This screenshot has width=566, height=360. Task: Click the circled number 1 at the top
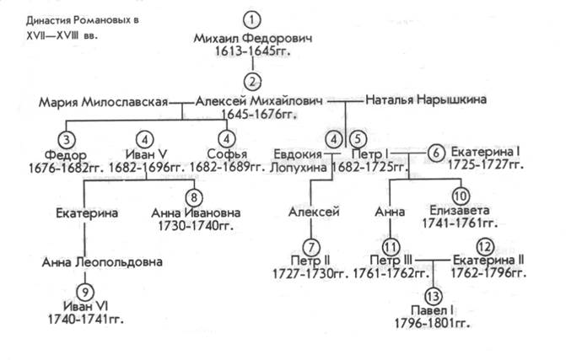pyautogui.click(x=252, y=20)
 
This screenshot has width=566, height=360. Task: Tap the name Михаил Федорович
pyautogui.click(x=253, y=38)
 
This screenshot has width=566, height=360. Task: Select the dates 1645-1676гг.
pyautogui.click(x=258, y=115)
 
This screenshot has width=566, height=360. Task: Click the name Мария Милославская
pyautogui.click(x=103, y=102)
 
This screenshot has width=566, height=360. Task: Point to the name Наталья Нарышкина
pyautogui.click(x=426, y=99)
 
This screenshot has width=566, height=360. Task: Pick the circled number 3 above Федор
pyautogui.click(x=67, y=139)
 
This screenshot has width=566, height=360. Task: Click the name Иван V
pyautogui.click(x=146, y=154)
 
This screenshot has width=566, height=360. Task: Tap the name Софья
pyautogui.click(x=227, y=154)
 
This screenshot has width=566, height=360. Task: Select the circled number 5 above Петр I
pyautogui.click(x=358, y=138)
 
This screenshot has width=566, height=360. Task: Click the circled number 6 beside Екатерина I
pyautogui.click(x=436, y=153)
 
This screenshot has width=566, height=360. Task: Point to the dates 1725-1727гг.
pyautogui.click(x=486, y=165)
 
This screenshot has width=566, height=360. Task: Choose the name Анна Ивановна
pyautogui.click(x=196, y=212)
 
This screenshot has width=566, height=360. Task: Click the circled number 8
pyautogui.click(x=194, y=197)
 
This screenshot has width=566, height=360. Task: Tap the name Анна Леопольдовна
pyautogui.click(x=102, y=262)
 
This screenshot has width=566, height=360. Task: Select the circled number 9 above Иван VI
pyautogui.click(x=85, y=292)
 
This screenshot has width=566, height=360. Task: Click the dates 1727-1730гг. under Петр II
pyautogui.click(x=310, y=274)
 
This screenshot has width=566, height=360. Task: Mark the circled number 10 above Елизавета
pyautogui.click(x=461, y=196)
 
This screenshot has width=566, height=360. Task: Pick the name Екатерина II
pyautogui.click(x=488, y=260)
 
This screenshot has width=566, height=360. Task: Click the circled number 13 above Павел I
pyautogui.click(x=433, y=296)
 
